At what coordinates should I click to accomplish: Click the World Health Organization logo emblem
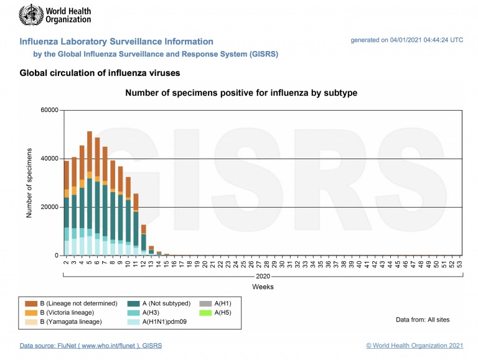click(30, 14)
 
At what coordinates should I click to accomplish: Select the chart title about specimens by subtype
click(241, 93)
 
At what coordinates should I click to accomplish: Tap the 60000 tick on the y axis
click(49, 110)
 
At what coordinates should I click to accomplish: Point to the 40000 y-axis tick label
click(49, 159)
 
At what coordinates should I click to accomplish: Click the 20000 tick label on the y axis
click(49, 207)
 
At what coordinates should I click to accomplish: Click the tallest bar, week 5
click(90, 193)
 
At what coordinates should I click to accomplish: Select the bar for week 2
click(67, 208)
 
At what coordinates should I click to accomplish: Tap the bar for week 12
click(143, 240)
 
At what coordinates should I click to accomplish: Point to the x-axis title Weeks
click(262, 287)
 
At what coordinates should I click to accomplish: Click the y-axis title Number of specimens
click(29, 183)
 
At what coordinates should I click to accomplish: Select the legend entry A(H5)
click(222, 312)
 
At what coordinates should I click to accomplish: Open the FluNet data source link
click(91, 345)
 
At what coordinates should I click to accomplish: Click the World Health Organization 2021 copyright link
click(415, 345)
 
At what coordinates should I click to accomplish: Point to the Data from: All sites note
click(423, 320)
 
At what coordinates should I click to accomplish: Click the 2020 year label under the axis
click(262, 275)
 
